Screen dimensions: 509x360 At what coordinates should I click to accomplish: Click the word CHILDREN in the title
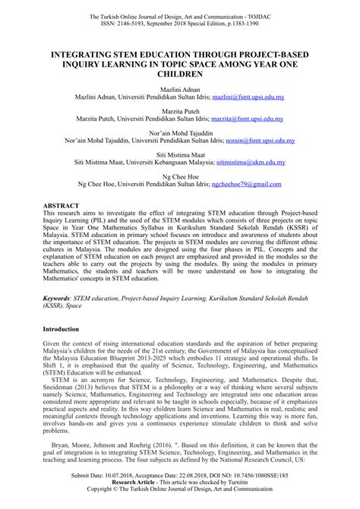[180, 76]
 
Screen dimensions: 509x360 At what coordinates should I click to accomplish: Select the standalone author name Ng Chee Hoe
[180, 175]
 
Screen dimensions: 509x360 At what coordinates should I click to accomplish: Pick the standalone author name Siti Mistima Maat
[180, 153]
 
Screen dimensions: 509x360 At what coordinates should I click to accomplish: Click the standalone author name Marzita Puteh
[180, 111]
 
